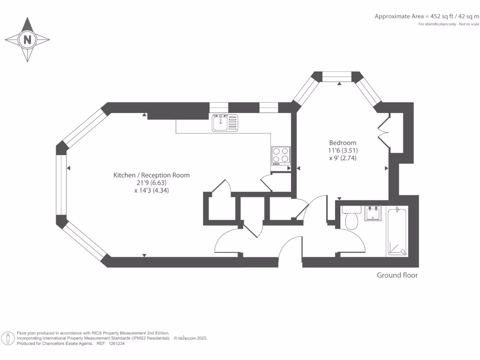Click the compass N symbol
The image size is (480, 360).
coord(27,40)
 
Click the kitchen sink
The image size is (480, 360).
coord(225,123)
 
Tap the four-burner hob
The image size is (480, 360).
coord(280,156)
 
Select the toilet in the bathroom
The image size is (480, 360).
coord(351,218)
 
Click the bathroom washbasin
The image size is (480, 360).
coord(374,213)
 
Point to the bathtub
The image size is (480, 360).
coord(397,231)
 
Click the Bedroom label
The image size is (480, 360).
coord(343,142)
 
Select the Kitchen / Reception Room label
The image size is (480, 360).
coord(151,175)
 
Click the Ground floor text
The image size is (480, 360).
coord(397,275)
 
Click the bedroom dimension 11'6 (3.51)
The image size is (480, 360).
coord(343,150)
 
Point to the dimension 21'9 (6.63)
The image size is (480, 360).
coord(151,183)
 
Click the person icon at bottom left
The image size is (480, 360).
coord(8,337)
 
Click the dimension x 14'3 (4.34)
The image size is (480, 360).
coord(151,191)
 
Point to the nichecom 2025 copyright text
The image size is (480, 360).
coord(191,338)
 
